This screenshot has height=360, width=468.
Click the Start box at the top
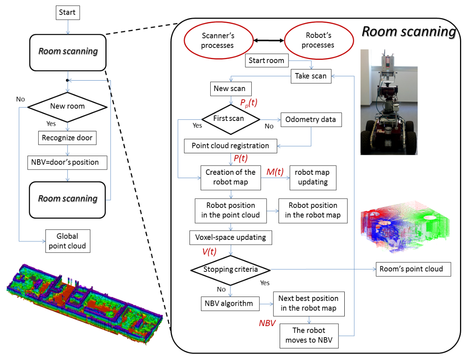click(x=67, y=12)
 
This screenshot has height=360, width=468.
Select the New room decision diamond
click(x=67, y=107)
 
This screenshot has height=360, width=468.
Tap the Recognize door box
click(x=67, y=138)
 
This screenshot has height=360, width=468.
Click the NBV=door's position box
click(x=67, y=162)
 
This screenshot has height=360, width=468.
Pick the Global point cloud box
click(x=67, y=241)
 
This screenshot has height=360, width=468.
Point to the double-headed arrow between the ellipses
click(x=268, y=41)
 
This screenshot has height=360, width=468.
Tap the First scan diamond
click(x=231, y=119)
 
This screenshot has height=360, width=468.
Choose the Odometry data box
click(x=311, y=119)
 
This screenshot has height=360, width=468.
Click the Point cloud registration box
click(x=230, y=146)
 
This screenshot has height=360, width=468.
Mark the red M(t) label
click(x=275, y=172)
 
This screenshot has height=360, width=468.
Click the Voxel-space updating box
click(x=231, y=237)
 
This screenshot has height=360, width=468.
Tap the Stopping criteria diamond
click(x=231, y=270)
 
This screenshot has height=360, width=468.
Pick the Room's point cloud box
click(x=413, y=269)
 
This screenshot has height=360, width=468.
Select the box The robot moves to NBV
click(x=309, y=336)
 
